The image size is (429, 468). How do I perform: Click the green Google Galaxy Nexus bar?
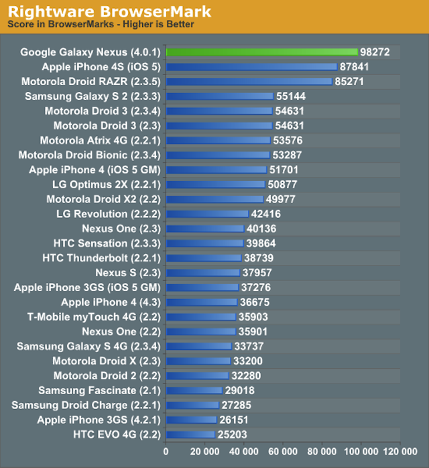pos(261,52)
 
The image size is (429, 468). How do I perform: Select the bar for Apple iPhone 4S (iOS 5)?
pos(251,67)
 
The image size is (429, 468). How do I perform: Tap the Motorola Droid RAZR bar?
pos(249,82)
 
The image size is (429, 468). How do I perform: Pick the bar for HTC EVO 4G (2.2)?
pos(190,434)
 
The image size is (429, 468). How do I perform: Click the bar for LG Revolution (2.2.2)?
pos(207,214)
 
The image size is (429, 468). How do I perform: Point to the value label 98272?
pos(376,52)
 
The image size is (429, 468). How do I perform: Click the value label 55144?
pos(292,97)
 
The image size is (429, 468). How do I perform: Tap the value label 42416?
pos(267,214)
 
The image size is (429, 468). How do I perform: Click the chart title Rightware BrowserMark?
pos(109,11)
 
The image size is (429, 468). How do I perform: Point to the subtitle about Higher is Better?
pos(101,25)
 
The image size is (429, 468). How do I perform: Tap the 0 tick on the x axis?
pos(166,452)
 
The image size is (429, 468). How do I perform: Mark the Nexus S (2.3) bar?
pos(202,273)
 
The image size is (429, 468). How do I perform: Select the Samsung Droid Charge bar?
pos(192,405)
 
